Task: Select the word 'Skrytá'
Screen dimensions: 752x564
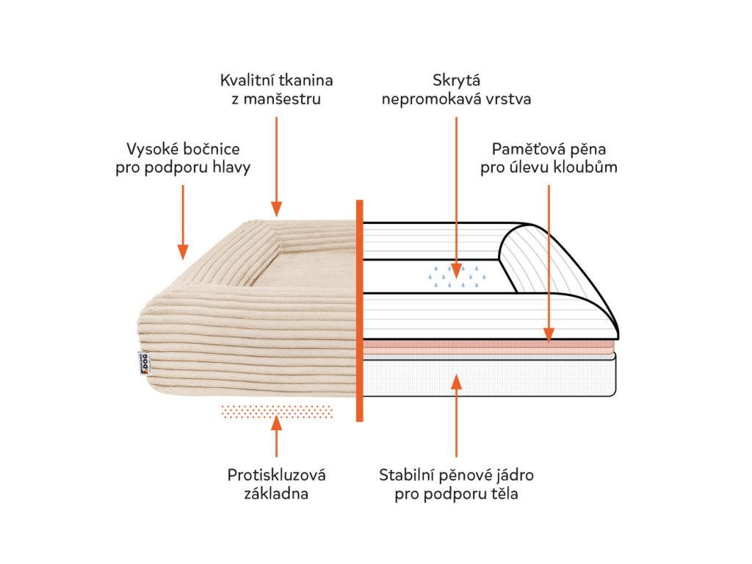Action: coord(456,80)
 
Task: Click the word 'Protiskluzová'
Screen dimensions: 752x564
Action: coord(276,474)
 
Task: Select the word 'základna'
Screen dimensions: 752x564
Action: coord(276,493)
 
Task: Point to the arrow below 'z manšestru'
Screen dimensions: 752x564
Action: coord(276,165)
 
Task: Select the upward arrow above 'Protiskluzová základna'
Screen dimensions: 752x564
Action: coord(276,436)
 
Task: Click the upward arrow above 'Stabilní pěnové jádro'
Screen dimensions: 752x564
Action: coord(456,415)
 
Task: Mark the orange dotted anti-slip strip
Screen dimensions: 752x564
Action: coord(276,411)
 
